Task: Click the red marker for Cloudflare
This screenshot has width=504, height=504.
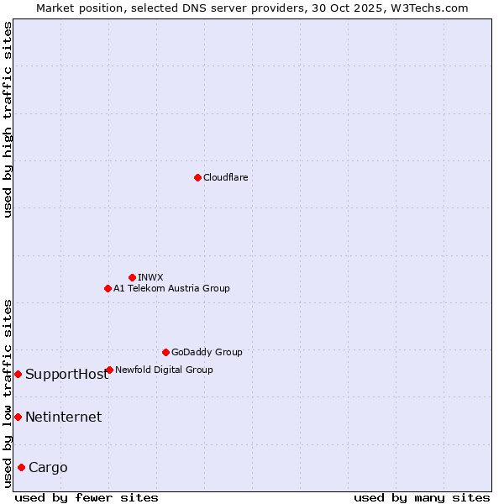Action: point(197,177)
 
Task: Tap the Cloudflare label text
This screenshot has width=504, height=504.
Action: point(226,177)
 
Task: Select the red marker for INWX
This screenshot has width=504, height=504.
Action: point(133,277)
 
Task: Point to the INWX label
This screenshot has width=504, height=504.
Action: point(151,277)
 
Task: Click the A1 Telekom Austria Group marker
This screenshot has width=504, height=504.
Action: point(108,288)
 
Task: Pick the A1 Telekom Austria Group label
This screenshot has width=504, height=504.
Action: point(172,288)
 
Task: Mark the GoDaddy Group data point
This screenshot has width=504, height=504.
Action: point(165,352)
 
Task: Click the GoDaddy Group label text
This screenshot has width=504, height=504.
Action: point(207,352)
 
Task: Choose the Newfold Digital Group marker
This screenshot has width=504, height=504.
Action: point(109,370)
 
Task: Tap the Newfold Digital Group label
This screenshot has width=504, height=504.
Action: point(165,370)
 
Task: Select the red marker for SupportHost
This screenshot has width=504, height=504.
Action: point(18,374)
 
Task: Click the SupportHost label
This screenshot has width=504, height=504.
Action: point(67,375)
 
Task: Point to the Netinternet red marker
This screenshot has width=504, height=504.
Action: point(18,417)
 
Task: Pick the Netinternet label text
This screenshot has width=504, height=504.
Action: point(64,417)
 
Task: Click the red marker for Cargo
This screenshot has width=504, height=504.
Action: point(21,467)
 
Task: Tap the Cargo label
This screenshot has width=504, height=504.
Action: point(49,468)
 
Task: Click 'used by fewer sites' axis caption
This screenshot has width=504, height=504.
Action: point(87,497)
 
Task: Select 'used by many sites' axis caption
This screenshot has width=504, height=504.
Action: point(421,497)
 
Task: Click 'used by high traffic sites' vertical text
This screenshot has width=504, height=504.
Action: point(8,119)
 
